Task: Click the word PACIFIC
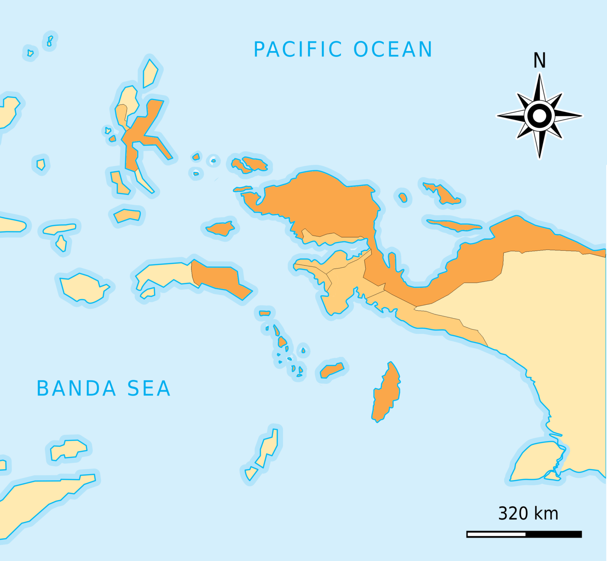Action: (298, 50)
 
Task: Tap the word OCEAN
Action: (393, 50)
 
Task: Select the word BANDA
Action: (76, 388)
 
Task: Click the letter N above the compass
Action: (539, 61)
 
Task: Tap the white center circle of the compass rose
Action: (539, 116)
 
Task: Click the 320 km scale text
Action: (528, 514)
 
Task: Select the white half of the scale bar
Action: (496, 534)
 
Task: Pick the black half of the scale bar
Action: (553, 534)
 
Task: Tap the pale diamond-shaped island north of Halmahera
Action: (150, 74)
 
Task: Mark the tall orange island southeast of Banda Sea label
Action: (386, 393)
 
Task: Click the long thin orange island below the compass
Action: (454, 225)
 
